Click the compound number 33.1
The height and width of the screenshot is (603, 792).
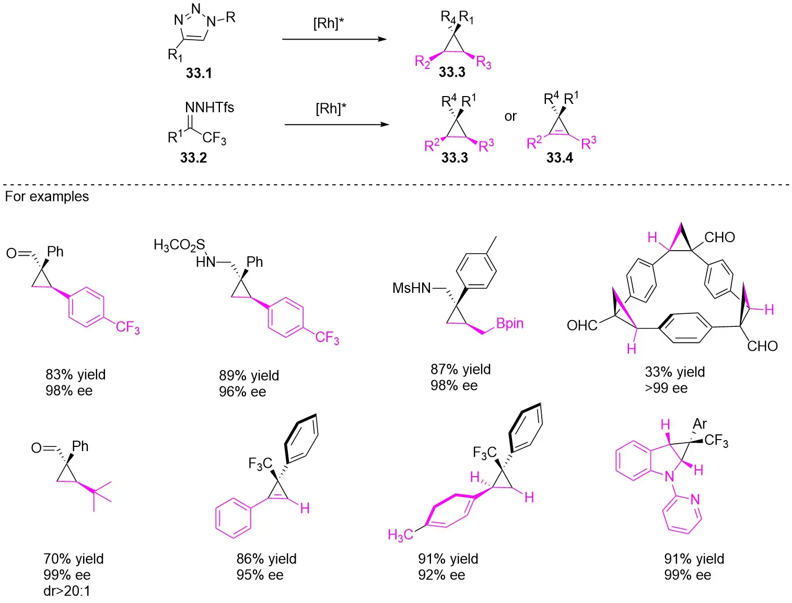click(199, 73)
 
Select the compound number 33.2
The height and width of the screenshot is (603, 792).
click(193, 158)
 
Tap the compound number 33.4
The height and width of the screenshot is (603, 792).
click(560, 158)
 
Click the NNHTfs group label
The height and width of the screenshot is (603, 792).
click(209, 108)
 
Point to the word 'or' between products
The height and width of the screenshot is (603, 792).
click(510, 116)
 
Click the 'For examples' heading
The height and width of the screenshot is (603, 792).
click(47, 196)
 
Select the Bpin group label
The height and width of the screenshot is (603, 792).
click(509, 324)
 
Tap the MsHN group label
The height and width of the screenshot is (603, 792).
click(412, 288)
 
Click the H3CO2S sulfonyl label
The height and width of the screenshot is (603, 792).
click(179, 245)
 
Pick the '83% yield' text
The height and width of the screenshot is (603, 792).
click(75, 374)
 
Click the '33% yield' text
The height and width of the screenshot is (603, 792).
click(674, 372)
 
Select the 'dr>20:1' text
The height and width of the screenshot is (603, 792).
click(67, 591)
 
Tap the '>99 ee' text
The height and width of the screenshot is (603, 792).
click(666, 388)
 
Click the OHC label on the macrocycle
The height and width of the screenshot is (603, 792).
click(581, 325)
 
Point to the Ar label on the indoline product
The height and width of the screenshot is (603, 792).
click(700, 424)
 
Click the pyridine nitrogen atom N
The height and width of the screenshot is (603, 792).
click(695, 500)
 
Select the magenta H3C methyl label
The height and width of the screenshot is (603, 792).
click(400, 535)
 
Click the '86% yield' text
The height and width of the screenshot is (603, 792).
click(266, 559)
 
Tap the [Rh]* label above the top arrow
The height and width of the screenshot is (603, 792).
click(329, 23)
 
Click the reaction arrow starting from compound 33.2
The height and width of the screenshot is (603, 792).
click(336, 125)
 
